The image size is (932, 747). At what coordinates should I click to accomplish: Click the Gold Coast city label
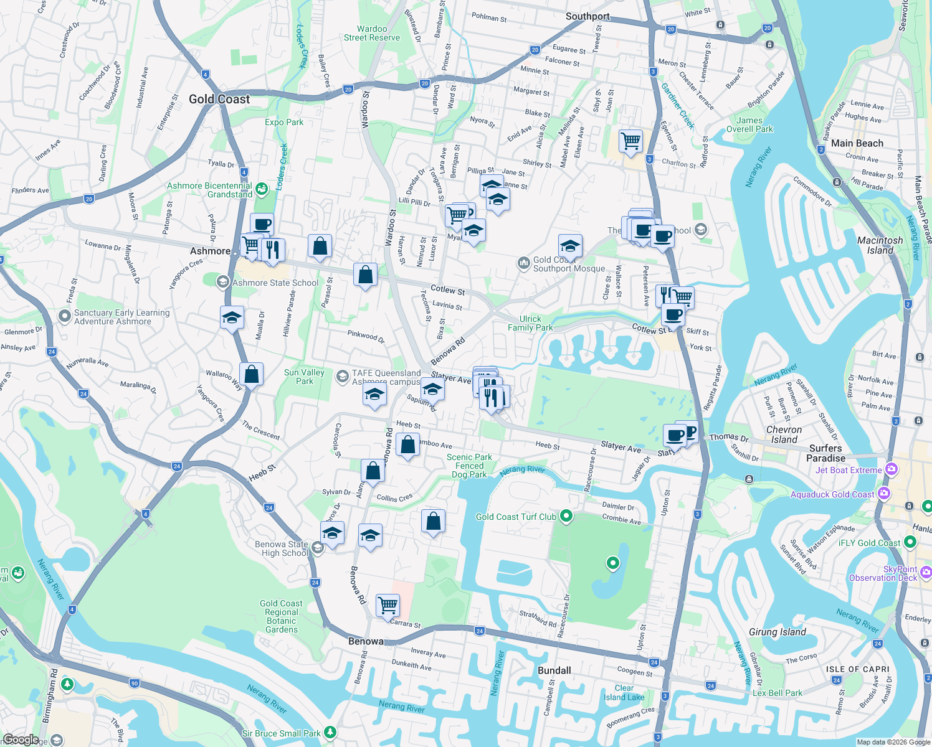(219, 100)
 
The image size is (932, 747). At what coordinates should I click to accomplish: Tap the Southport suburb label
(587, 17)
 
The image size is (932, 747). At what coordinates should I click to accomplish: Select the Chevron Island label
(784, 435)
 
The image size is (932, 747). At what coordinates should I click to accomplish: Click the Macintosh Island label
(880, 245)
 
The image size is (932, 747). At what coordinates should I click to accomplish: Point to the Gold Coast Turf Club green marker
(566, 515)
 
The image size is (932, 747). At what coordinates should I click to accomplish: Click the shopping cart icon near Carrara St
(388, 604)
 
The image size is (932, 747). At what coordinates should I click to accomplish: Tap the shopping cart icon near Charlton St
(630, 141)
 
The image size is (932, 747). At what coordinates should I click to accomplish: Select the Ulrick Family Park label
(530, 323)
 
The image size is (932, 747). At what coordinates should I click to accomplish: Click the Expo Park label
(284, 122)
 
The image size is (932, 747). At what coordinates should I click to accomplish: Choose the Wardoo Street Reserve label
(372, 33)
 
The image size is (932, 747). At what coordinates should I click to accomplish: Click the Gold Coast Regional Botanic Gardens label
(282, 616)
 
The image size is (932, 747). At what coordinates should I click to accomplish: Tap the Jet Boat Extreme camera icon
(892, 469)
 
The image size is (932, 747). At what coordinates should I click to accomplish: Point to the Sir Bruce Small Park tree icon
(330, 733)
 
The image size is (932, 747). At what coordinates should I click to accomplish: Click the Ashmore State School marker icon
(222, 283)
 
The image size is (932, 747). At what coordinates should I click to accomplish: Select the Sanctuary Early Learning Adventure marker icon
(64, 316)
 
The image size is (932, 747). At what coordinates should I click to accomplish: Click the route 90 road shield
(135, 683)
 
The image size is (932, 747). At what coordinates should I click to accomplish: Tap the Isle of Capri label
(858, 669)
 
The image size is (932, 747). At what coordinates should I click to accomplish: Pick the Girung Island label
(777, 632)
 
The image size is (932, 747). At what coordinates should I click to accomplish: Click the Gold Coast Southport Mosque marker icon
(523, 263)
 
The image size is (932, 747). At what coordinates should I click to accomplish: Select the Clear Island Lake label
(624, 692)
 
